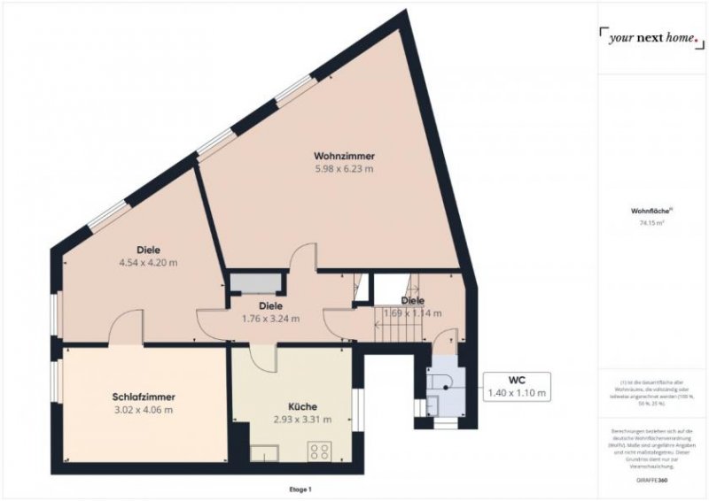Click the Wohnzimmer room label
click(x=343, y=156)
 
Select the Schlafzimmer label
click(x=143, y=397)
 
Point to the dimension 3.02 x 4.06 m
click(x=143, y=410)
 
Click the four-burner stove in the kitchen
click(x=320, y=451)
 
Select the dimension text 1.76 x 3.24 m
click(x=270, y=319)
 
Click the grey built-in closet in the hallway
click(x=256, y=283)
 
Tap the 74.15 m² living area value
click(x=651, y=224)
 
